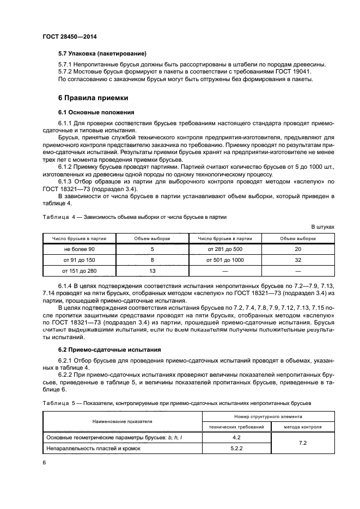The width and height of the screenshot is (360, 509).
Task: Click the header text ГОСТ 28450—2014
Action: pos(66,36)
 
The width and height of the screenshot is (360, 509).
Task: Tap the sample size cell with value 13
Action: pos(152,270)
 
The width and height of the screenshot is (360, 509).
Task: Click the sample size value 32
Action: pos(297,260)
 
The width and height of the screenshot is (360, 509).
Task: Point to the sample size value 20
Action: pos(297,249)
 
